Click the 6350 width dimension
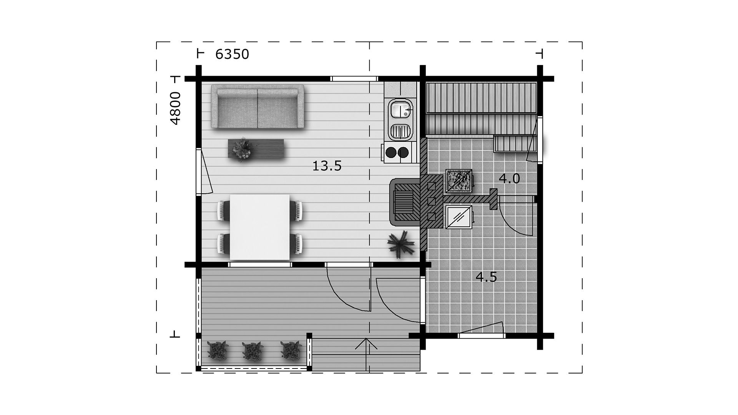pos(232,55)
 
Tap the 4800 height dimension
pos(175,108)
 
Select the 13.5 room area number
pos(327,166)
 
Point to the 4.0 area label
pos(509,179)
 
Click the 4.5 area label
pos(486,277)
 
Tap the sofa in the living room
pos(257,107)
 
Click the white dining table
pos(259,227)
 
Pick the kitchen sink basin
pos(401,109)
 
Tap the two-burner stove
pos(397,152)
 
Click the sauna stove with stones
pos(459,181)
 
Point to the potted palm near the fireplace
pos(401,243)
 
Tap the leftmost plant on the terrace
pos(218,351)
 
